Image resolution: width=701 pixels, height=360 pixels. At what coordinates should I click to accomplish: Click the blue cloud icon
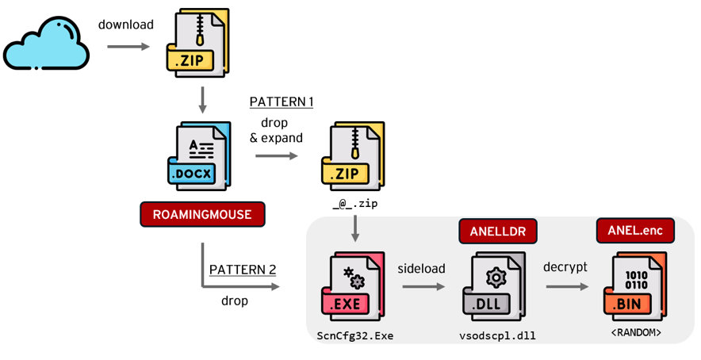[45, 45]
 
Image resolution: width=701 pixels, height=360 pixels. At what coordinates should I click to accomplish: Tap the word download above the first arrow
[125, 25]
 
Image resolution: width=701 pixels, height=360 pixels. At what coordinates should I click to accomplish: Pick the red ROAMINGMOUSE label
[202, 214]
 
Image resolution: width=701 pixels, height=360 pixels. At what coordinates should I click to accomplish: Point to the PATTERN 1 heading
[282, 101]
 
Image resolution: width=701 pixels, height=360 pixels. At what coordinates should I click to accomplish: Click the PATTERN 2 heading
[243, 270]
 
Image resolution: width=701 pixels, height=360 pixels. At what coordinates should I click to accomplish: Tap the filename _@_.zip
[354, 204]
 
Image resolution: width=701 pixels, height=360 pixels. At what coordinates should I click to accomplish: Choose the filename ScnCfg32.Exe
[355, 335]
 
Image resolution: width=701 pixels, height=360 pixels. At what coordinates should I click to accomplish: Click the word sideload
[421, 268]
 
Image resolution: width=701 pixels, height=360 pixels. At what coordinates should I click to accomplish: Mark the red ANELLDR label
[497, 231]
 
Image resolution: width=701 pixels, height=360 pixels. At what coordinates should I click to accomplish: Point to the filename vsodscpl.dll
[497, 335]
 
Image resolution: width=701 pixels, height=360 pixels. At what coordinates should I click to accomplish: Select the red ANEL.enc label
[634, 230]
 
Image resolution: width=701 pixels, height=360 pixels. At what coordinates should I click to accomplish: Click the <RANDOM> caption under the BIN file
[636, 332]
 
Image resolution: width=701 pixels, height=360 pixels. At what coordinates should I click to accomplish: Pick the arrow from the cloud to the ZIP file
[128, 47]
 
